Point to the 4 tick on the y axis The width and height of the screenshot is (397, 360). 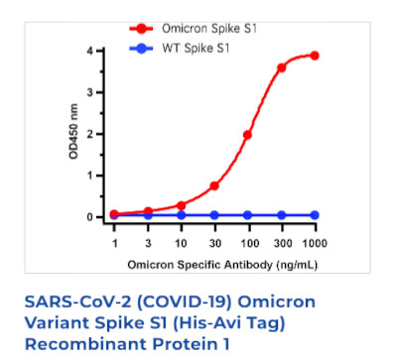90,51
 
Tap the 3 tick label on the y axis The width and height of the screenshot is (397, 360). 90,92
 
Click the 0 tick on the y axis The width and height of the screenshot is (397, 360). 90,216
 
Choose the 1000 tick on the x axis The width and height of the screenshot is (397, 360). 314,243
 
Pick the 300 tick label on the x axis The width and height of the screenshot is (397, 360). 281,243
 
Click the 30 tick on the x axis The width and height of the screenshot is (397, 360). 214,243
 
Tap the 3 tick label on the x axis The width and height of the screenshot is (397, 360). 148,243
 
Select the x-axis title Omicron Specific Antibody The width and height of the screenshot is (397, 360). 214,267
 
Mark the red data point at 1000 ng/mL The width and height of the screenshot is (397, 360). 315,56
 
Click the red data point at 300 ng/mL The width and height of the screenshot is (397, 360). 281,67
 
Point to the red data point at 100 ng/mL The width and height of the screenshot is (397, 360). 248,135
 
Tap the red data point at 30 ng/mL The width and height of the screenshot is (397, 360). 214,185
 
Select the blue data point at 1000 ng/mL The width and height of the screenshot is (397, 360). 315,214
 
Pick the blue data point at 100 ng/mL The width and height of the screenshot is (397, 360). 248,214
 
